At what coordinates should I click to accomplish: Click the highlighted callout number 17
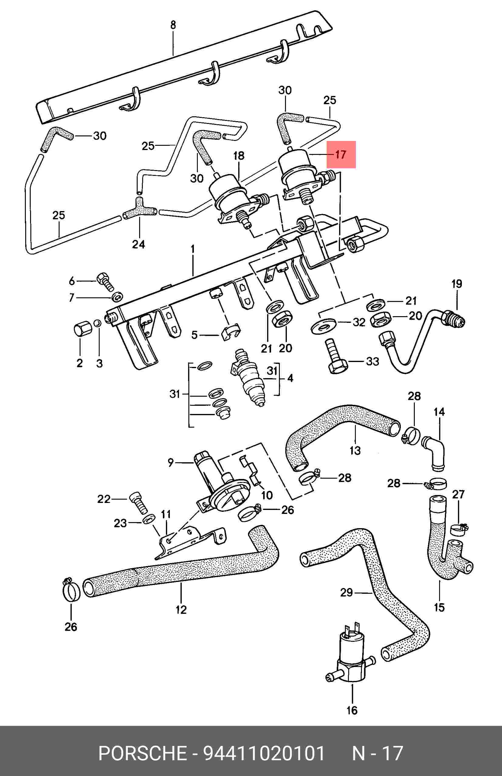(x=340, y=154)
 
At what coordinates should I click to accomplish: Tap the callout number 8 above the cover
(x=173, y=25)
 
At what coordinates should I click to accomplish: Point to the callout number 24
(x=139, y=244)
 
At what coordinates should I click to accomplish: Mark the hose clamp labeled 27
(x=458, y=529)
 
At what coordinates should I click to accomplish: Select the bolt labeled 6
(x=105, y=282)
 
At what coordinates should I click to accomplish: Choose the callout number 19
(x=457, y=284)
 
